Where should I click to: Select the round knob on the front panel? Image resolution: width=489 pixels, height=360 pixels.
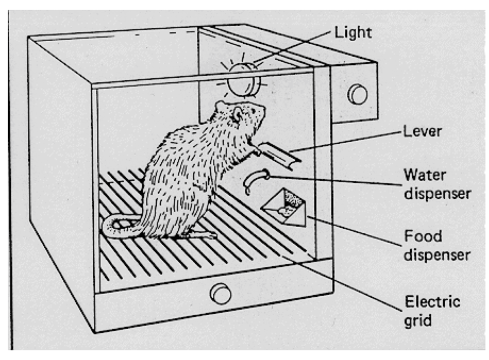220,293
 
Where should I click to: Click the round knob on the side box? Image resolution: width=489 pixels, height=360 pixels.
357,93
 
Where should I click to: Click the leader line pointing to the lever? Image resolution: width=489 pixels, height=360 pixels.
345,142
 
